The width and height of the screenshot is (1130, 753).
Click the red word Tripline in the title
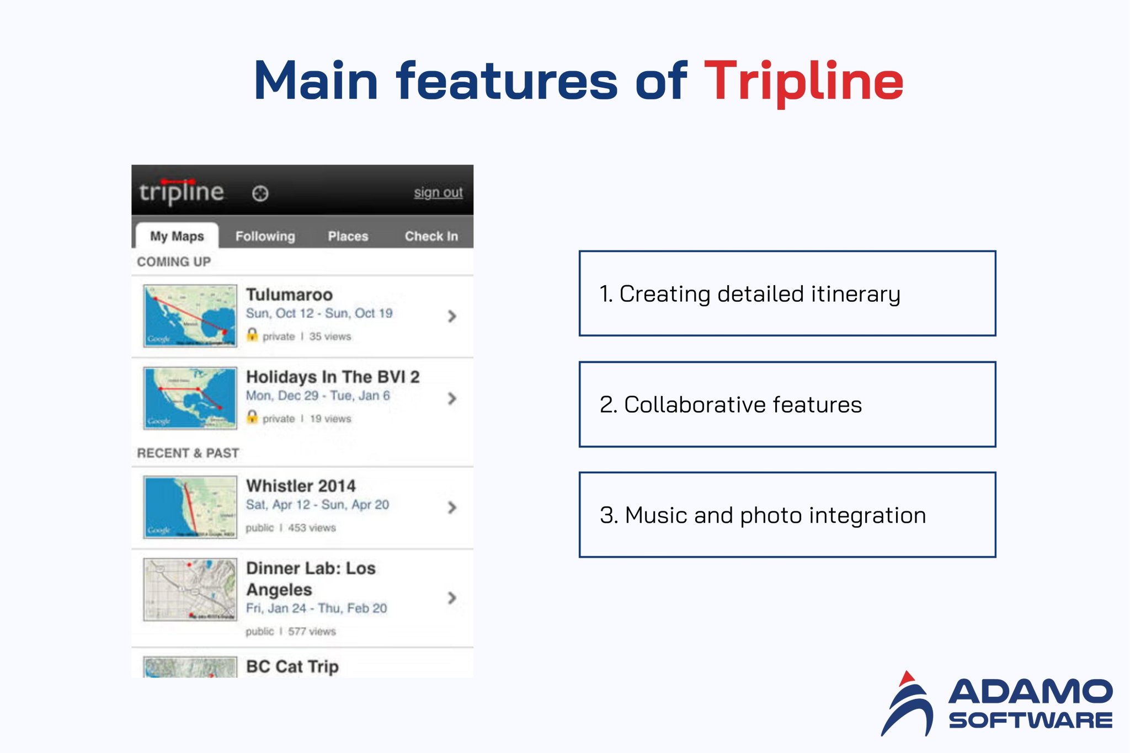pos(803,82)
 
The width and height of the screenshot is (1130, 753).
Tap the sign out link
pos(438,193)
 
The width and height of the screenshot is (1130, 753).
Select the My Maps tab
pos(177,236)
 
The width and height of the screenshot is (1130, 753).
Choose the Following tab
pos(265,236)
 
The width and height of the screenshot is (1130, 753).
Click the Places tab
pos(348,236)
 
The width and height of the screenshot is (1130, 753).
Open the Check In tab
pos(431,236)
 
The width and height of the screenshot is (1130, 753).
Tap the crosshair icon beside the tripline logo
pos(260,194)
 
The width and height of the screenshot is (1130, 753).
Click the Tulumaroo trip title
pos(289,295)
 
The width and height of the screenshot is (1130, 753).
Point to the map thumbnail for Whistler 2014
pos(190,507)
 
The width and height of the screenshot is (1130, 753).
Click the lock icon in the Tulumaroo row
pos(252,335)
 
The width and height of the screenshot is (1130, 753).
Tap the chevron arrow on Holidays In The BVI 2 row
pos(452,398)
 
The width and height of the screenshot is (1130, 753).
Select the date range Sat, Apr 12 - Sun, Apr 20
pos(317,505)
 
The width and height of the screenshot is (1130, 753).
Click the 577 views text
pos(312,631)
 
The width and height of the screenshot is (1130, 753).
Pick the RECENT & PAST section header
pos(188,453)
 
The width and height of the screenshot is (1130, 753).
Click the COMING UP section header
pos(174,261)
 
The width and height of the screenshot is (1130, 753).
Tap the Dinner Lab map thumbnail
pos(190,590)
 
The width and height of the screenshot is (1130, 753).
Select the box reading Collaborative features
pos(787,404)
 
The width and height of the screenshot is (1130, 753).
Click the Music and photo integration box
pos(787,515)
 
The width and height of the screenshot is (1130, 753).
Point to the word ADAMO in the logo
pos(1030,692)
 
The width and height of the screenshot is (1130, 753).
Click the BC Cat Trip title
pos(292,666)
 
